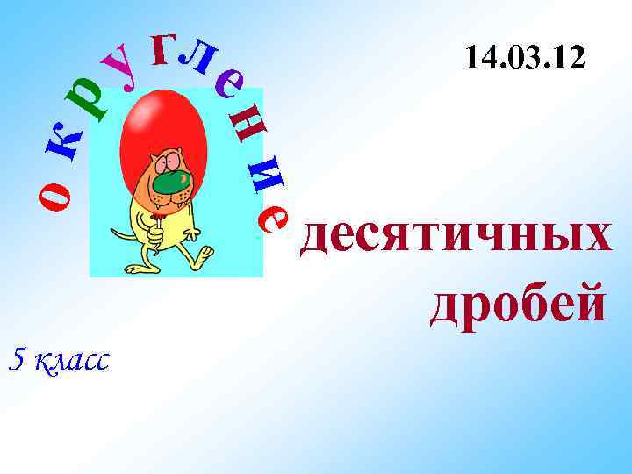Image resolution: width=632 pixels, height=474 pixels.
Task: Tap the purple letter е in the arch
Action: tap(230, 85)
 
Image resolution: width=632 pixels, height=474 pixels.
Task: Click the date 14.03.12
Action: tap(524, 60)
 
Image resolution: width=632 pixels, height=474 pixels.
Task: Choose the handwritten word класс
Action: tap(71, 359)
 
